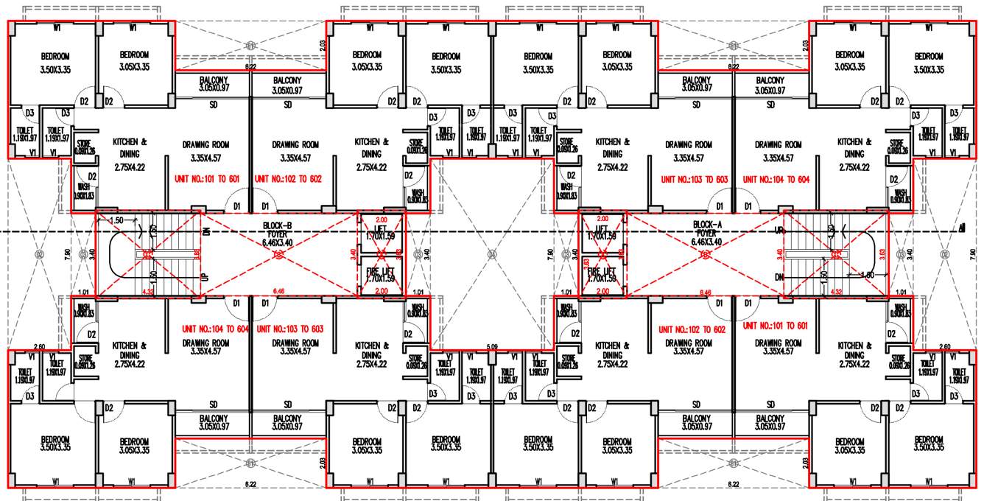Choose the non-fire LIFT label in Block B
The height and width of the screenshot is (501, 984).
(380, 233)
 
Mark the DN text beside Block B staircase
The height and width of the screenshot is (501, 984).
(206, 231)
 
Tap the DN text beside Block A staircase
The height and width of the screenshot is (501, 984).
(779, 277)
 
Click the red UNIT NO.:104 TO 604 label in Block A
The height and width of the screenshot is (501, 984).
(775, 179)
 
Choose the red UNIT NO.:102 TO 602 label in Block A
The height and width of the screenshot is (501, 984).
(692, 329)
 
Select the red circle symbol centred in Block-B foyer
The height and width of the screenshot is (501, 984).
(278, 255)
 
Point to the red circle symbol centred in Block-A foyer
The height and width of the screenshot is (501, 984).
(706, 255)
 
